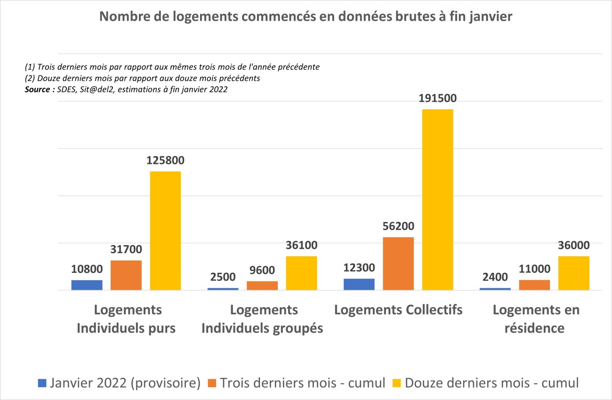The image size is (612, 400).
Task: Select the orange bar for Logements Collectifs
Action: (398, 263)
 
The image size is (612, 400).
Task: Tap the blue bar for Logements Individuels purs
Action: (87, 285)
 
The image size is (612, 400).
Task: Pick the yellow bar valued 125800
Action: (165, 230)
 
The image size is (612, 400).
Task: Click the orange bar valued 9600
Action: (262, 286)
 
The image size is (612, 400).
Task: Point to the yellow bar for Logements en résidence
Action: (573, 273)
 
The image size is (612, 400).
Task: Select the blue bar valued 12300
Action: (359, 284)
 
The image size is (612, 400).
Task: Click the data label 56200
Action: (398, 227)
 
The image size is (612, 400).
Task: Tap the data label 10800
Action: (87, 269)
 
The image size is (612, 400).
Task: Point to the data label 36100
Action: (301, 245)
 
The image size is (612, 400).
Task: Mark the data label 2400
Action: (495, 277)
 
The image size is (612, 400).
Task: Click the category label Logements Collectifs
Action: (398, 310)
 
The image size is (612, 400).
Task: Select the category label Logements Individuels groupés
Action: (262, 319)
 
